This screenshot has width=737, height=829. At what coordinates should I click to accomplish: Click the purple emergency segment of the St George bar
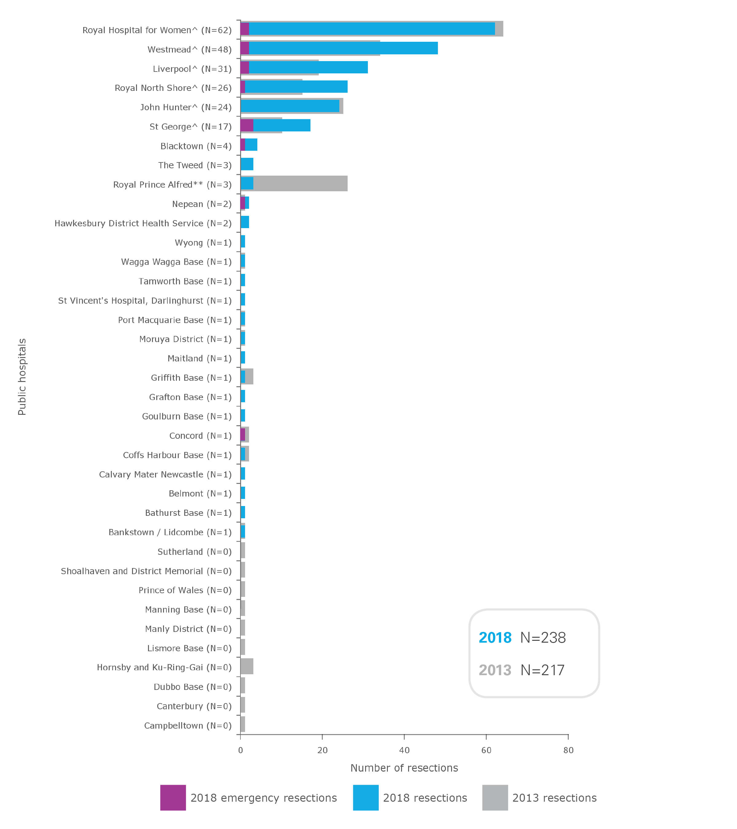247,125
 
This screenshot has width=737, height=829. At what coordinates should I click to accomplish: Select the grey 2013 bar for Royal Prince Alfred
300,183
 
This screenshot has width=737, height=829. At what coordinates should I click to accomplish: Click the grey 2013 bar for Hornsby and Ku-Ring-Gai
247,666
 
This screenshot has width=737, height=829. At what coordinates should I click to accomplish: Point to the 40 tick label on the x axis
404,750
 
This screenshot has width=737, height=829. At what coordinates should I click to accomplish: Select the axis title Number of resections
404,768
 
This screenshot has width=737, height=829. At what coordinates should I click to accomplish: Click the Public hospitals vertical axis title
22,376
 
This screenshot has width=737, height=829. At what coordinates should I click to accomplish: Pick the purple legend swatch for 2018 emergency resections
173,797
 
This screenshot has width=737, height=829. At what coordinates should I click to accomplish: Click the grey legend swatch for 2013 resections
494,797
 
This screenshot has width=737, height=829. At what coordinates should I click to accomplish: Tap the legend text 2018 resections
425,798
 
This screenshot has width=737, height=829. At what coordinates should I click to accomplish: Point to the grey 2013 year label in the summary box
494,670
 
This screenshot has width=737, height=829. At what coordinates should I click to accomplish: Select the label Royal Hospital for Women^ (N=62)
157,30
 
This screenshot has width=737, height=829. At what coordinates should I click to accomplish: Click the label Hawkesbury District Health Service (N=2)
143,223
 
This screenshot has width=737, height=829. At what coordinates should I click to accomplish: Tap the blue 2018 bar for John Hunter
290,106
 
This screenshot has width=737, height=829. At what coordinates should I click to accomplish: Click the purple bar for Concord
243,434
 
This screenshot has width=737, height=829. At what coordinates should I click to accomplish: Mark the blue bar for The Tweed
247,164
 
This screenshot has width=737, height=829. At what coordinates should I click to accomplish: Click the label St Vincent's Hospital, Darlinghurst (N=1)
144,301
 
